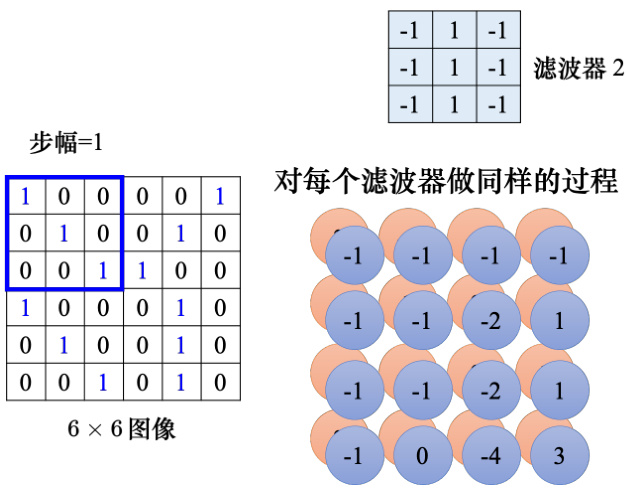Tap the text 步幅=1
coord(66,143)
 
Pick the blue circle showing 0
coord(422,456)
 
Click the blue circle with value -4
coord(491,456)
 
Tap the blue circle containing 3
coord(559,456)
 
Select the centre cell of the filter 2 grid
coord(454,68)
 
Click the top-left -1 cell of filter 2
coord(410,31)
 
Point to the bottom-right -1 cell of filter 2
coord(498,104)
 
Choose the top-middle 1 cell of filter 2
coord(454,31)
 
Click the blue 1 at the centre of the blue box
coord(64,233)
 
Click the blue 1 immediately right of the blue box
coord(142,270)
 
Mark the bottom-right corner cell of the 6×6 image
coord(220,383)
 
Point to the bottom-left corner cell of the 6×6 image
coord(25,383)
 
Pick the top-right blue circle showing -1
coord(559,256)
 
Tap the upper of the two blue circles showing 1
coord(559,322)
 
